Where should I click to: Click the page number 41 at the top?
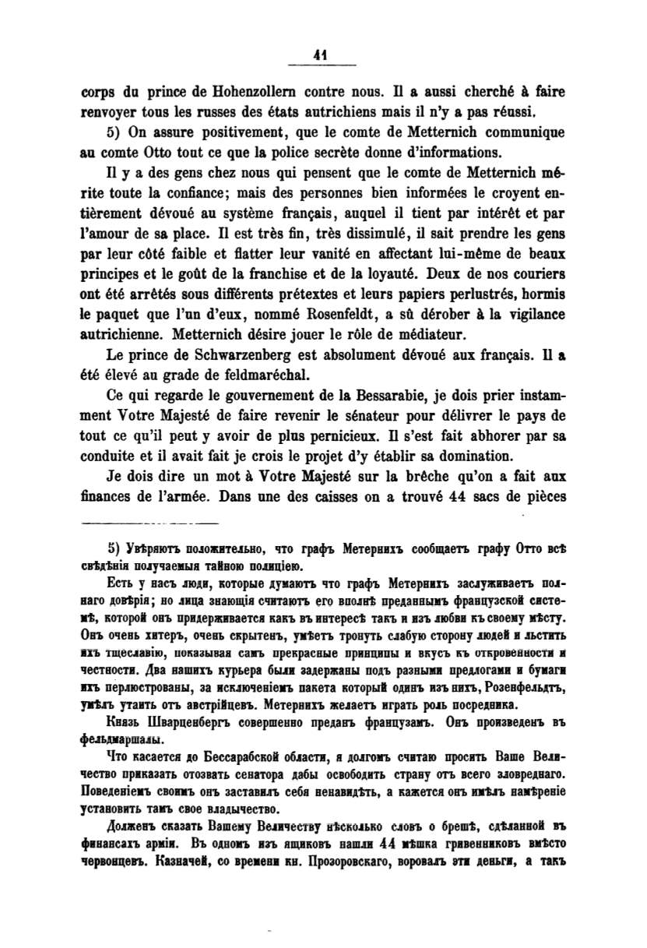[x=318, y=55]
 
